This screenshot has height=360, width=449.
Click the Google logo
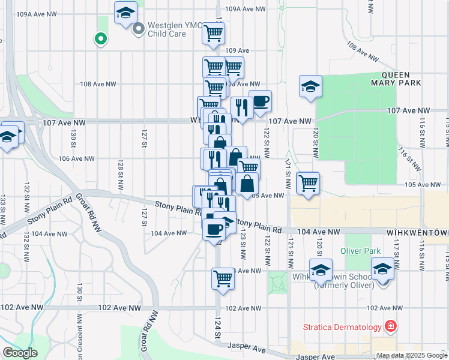pyautogui.click(x=20, y=353)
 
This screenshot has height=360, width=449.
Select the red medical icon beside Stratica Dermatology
pyautogui.click(x=391, y=326)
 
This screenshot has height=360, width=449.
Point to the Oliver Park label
pyautogui.click(x=361, y=250)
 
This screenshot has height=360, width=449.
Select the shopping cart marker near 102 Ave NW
pyautogui.click(x=223, y=278)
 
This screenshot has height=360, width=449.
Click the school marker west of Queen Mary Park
pyautogui.click(x=310, y=87)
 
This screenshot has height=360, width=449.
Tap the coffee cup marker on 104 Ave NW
pyautogui.click(x=214, y=229)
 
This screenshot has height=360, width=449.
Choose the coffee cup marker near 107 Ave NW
pyautogui.click(x=260, y=102)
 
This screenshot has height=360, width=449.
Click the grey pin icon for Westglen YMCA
pyautogui.click(x=139, y=28)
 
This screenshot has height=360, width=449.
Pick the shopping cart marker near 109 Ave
pyautogui.click(x=213, y=35)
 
